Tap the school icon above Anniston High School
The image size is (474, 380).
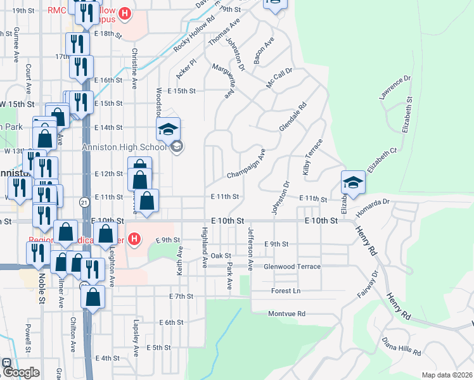(x=168, y=130)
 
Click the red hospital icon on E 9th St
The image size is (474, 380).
(x=134, y=239)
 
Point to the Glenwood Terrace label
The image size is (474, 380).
(x=292, y=267)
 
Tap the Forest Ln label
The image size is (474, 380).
(x=285, y=291)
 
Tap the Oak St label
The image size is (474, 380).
(x=221, y=255)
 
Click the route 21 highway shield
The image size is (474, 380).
(x=84, y=201)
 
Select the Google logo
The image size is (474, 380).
(x=20, y=372)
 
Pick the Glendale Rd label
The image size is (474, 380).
(x=292, y=117)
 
